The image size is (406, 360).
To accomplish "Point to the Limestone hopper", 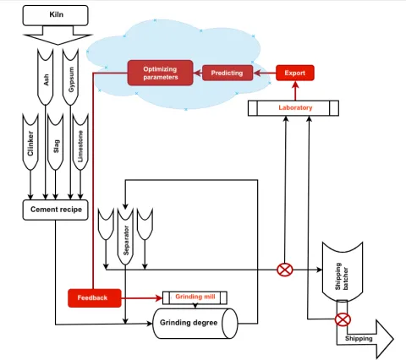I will click(x=80, y=139).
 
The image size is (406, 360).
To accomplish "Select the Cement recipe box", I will click(x=55, y=210).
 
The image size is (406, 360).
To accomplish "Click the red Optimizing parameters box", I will click(x=160, y=73).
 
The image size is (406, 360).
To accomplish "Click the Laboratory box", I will click(x=294, y=108).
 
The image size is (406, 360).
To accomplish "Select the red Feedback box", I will click(x=94, y=297).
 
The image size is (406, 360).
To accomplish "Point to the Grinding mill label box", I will click(x=195, y=297).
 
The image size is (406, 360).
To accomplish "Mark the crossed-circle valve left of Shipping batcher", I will click(x=285, y=270).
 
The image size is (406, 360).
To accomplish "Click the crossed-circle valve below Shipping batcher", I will click(x=343, y=319).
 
